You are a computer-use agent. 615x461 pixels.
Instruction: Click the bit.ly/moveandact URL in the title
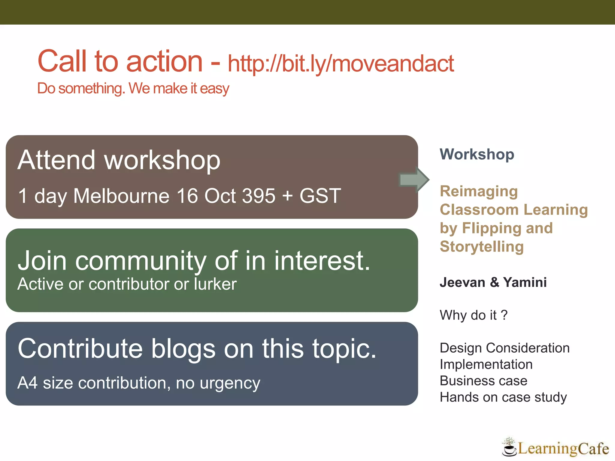click(x=341, y=64)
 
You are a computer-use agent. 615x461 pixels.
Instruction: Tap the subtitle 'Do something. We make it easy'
click(x=133, y=89)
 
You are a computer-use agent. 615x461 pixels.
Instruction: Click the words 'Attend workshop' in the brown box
click(x=119, y=160)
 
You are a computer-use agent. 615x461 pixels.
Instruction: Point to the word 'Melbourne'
click(x=121, y=196)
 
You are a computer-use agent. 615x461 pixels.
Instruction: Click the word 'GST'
click(x=320, y=196)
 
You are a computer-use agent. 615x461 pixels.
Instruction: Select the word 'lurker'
click(x=215, y=284)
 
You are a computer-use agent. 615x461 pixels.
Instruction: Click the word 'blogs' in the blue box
click(x=183, y=349)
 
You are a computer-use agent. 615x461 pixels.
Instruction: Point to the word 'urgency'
click(x=230, y=384)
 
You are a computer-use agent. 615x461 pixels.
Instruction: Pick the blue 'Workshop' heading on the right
click(x=477, y=155)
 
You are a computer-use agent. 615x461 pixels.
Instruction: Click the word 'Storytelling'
click(x=482, y=247)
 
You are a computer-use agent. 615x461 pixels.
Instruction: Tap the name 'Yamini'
click(x=525, y=282)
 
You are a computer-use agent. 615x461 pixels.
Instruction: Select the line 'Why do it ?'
click(x=474, y=315)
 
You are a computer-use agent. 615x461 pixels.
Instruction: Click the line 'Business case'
click(x=483, y=381)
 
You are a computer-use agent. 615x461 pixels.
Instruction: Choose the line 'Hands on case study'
click(x=503, y=397)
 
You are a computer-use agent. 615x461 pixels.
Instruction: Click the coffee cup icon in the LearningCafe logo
click(x=509, y=449)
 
